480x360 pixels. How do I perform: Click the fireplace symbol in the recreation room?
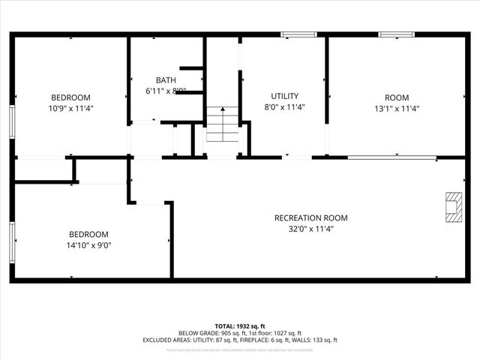452,207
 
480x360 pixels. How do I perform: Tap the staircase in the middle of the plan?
222,124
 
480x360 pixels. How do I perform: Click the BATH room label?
166,80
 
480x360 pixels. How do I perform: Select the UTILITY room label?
284,96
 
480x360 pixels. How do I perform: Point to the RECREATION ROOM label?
310,218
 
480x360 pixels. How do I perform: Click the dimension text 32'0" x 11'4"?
310,229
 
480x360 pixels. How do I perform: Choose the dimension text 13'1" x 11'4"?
397,108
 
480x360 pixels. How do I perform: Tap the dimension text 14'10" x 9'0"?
88,244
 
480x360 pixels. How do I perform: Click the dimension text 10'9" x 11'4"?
70,108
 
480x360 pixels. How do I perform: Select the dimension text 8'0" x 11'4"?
284,107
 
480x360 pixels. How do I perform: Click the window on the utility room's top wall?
298,34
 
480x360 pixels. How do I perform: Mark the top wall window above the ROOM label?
396,34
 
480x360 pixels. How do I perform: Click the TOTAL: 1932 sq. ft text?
240,326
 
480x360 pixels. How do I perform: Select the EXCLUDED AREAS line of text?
240,340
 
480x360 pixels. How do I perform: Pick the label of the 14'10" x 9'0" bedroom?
88,234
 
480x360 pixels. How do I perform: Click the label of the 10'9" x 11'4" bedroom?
70,97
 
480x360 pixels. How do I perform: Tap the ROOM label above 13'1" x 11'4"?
397,97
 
